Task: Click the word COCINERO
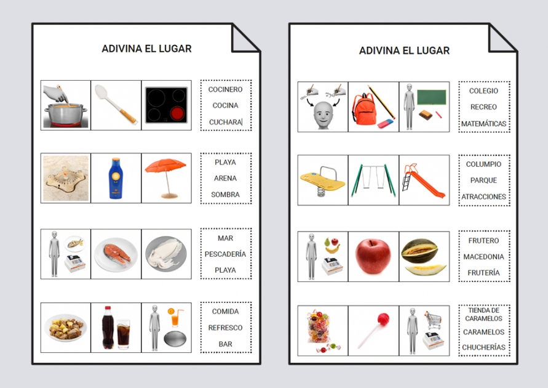(225, 90)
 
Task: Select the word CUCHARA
(225, 122)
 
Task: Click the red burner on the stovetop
(177, 113)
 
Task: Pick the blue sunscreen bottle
(116, 179)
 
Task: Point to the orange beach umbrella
(165, 172)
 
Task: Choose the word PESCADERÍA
(225, 254)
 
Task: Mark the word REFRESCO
(225, 328)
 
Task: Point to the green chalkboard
(431, 97)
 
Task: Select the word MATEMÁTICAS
(483, 124)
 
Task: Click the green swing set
(373, 179)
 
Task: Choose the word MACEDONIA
(483, 257)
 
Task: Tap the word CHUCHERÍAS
(483, 347)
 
